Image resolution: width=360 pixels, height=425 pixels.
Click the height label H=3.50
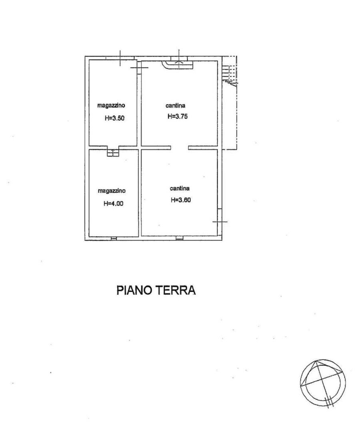115,118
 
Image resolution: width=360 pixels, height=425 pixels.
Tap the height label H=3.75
178,116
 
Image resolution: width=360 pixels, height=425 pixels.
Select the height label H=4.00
113,203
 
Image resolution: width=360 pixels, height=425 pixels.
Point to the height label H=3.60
181,200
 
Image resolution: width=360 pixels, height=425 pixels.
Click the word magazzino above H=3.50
111,106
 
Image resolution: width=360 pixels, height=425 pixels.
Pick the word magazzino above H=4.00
112,191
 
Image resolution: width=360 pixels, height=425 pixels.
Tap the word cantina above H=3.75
175,106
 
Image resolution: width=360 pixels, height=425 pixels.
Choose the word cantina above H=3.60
180,188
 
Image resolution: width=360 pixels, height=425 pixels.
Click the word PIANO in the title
134,290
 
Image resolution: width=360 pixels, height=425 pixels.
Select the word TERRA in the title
175,290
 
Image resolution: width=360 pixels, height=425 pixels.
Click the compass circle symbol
323,383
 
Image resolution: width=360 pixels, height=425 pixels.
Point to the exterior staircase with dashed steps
229,72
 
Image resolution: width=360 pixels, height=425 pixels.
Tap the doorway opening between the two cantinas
180,148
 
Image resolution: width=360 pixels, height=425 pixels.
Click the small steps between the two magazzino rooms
113,153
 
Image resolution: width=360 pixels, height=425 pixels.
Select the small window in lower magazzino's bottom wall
114,239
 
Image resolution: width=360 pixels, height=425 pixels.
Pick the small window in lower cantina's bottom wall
179,239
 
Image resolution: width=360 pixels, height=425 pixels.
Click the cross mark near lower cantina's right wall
220,222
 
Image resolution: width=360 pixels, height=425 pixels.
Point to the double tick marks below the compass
329,401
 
